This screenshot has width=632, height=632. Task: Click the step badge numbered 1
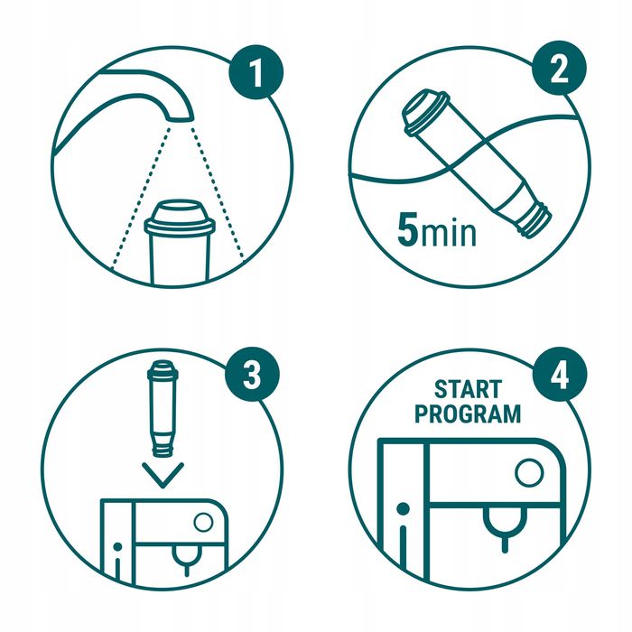click(x=256, y=72)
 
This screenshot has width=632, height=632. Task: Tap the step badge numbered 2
click(x=559, y=68)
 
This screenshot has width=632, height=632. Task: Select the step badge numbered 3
click(x=252, y=374)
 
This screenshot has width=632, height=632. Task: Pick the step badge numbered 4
click(x=560, y=375)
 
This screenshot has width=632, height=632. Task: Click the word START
click(x=468, y=389)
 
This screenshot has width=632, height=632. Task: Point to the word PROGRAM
click(x=468, y=414)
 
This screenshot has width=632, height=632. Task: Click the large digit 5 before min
click(x=407, y=229)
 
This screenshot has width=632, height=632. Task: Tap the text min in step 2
click(x=448, y=233)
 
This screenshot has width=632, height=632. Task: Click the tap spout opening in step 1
click(x=180, y=118)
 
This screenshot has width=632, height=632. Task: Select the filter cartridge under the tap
click(x=180, y=242)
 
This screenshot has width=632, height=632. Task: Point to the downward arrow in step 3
click(x=163, y=475)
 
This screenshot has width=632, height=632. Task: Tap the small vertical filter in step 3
click(x=163, y=408)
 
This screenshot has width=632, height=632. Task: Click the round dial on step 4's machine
click(x=529, y=472)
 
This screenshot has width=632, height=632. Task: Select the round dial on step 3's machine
click(x=203, y=522)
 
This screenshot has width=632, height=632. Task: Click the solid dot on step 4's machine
click(x=403, y=508)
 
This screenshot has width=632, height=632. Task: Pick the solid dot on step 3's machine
click(x=117, y=547)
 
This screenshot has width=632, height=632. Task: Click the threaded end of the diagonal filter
click(x=537, y=221)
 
